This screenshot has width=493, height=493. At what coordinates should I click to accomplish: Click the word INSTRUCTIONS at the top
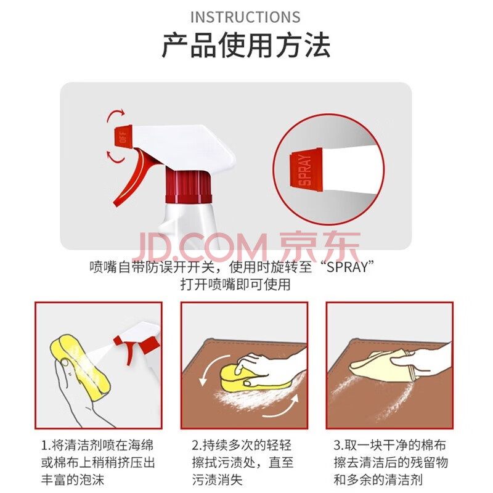pyautogui.click(x=245, y=17)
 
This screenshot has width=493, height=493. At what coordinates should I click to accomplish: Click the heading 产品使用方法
pyautogui.click(x=246, y=45)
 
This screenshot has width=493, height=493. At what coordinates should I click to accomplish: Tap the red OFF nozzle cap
pyautogui.click(x=123, y=137)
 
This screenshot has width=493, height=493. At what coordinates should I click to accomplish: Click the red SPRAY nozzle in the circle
pyautogui.click(x=306, y=170)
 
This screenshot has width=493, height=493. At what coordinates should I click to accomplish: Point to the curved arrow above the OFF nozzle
pyautogui.click(x=115, y=115)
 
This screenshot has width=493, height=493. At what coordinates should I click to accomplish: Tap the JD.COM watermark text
pyautogui.click(x=201, y=247)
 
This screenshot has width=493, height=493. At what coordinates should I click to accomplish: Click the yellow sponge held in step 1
pyautogui.click(x=80, y=367)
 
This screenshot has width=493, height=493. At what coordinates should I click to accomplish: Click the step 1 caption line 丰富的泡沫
pyautogui.click(x=72, y=480)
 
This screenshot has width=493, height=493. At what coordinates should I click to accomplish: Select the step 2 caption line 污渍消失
pyautogui.click(x=218, y=480)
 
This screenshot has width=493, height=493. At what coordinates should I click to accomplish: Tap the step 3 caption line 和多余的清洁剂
pyautogui.click(x=378, y=480)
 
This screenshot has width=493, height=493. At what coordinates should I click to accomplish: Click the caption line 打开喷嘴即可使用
pyautogui.click(x=235, y=285)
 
